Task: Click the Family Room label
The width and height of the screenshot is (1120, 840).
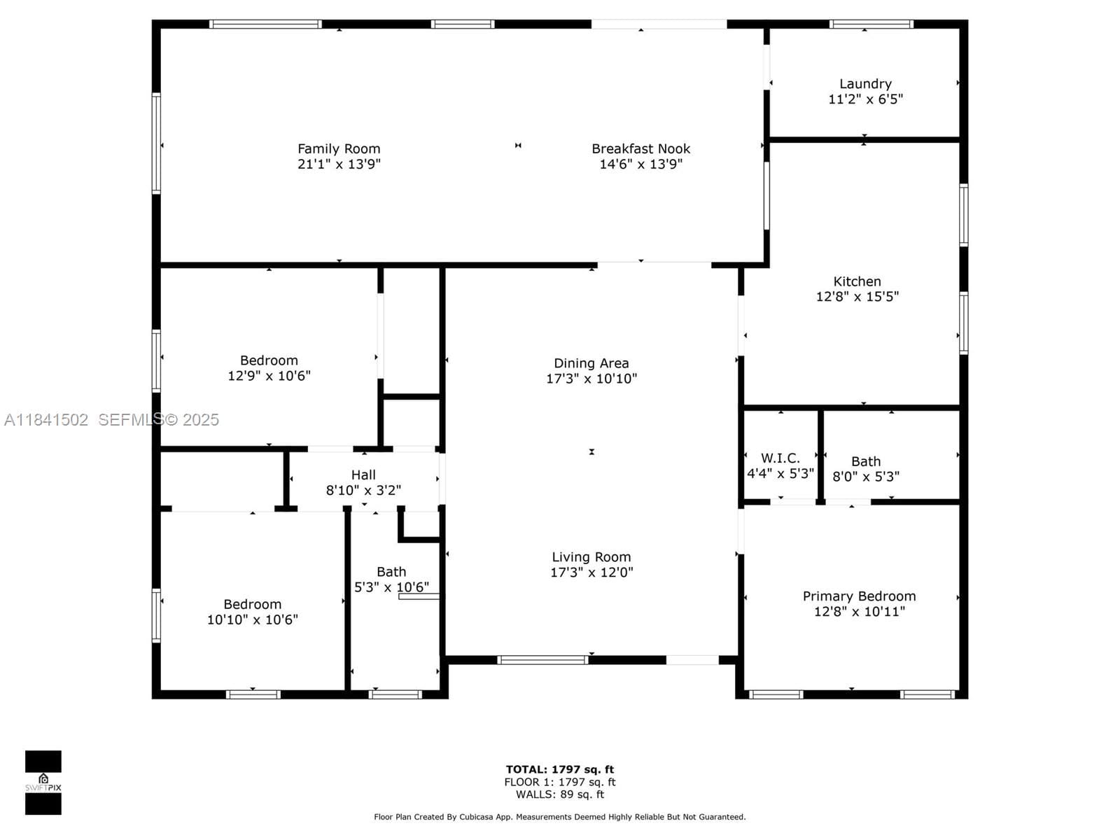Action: [x=339, y=149]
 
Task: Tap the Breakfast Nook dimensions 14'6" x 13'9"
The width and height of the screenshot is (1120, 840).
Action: [x=641, y=164]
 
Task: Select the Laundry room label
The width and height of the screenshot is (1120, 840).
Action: [x=865, y=84]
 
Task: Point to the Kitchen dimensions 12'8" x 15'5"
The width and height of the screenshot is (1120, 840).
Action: [x=857, y=297]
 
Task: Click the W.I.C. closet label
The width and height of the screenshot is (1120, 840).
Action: [x=780, y=458]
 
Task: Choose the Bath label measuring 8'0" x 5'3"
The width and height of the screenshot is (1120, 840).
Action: [x=866, y=461]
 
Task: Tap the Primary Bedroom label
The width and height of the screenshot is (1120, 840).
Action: [x=860, y=596]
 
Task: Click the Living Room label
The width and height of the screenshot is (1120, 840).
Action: [x=591, y=557]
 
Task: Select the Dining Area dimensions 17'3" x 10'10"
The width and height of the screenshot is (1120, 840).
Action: [x=591, y=379]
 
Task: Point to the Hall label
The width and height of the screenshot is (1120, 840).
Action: [x=363, y=475]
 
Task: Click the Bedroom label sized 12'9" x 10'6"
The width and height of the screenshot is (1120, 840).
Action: [x=269, y=360]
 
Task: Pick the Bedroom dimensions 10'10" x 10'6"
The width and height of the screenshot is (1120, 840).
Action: [x=253, y=619]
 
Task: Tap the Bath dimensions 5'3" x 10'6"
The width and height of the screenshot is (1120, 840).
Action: [x=391, y=587]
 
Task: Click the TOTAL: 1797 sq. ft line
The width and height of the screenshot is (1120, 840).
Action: [x=560, y=769]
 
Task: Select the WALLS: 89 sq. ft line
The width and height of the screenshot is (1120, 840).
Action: [x=560, y=794]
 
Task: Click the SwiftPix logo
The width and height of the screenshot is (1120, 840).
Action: [x=43, y=783]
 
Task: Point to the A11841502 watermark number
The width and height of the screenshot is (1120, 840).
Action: [x=46, y=420]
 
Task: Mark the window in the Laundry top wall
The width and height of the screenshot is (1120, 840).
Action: [x=871, y=24]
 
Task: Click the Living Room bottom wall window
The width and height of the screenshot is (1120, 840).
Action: [x=542, y=660]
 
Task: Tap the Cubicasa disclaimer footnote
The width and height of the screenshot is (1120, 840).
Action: [x=560, y=817]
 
